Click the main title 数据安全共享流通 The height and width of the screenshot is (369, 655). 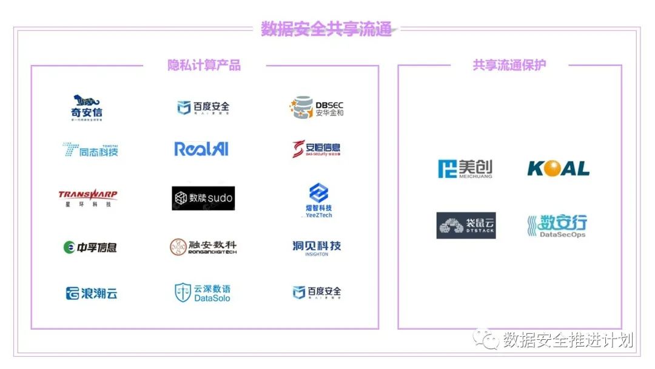pos(326,29)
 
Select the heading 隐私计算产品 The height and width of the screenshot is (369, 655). pos(204,66)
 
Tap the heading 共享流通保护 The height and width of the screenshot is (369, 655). pos(509,66)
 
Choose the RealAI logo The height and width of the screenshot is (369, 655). pos(201,149)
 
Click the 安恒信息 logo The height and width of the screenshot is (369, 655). pos(317,149)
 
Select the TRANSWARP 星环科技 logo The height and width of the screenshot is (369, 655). pos(87,198)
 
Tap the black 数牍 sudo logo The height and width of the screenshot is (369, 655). pos(203,198)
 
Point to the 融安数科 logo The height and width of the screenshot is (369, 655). pos(203,246)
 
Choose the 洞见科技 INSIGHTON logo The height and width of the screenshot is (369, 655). pos(317,247)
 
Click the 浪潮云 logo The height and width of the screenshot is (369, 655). pos(91,294)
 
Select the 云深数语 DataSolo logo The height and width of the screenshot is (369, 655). pos(203,293)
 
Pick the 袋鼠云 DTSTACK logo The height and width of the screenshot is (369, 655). pos(466,225)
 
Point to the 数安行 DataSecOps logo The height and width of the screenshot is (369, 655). pos(557,226)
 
